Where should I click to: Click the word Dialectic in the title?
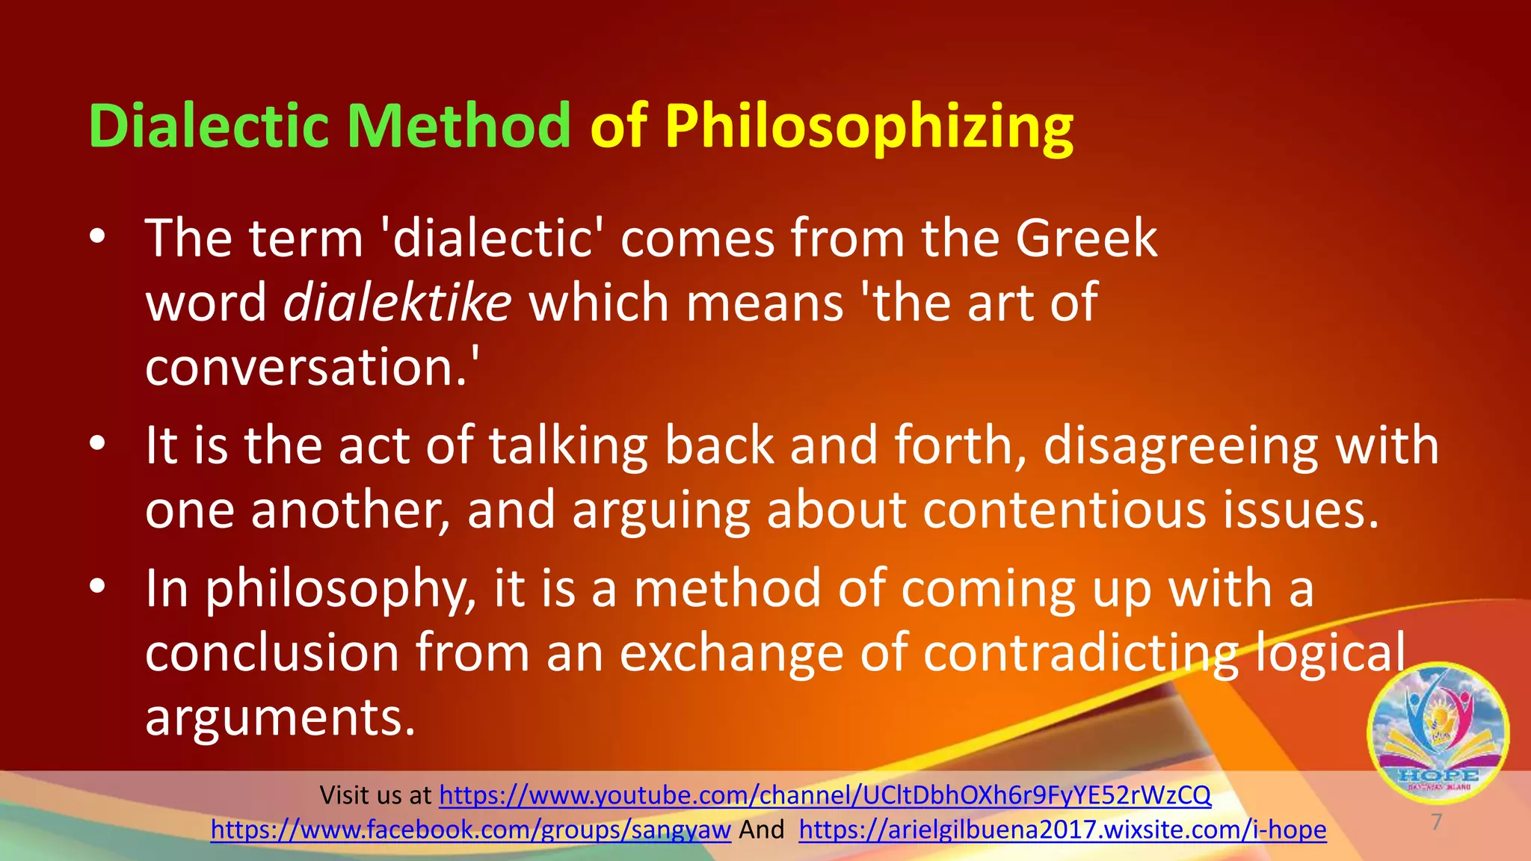click(209, 126)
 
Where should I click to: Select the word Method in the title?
click(458, 126)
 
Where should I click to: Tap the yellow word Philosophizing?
click(869, 128)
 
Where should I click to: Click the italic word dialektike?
click(397, 303)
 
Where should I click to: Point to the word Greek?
click(1086, 238)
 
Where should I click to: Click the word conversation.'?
click(312, 367)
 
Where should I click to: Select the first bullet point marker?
click(97, 238)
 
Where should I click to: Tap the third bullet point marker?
click(97, 588)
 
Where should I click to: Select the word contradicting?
click(1080, 653)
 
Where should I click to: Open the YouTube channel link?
click(825, 795)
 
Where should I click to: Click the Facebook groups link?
click(470, 830)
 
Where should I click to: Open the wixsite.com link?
click(1062, 830)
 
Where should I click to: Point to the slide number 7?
click(1436, 822)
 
